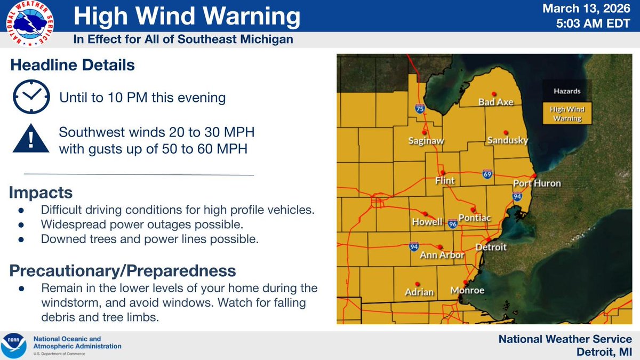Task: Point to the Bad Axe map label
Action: point(495,102)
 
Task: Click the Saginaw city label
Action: point(426,141)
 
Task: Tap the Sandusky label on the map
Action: point(507,141)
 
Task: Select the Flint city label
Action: point(445,181)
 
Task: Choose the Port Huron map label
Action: point(537,183)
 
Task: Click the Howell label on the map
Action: point(427,222)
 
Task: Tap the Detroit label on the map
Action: point(491,247)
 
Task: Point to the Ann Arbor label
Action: point(442,255)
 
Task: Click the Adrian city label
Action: point(419,292)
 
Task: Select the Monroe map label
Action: point(467,291)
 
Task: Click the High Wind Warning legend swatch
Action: point(567,114)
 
